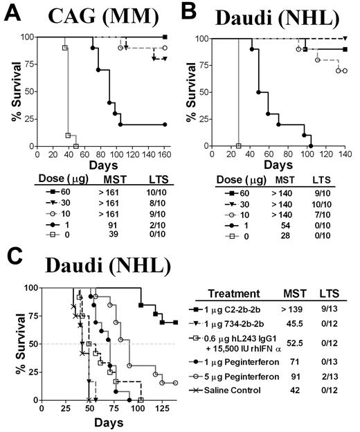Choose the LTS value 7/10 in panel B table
[327, 213]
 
